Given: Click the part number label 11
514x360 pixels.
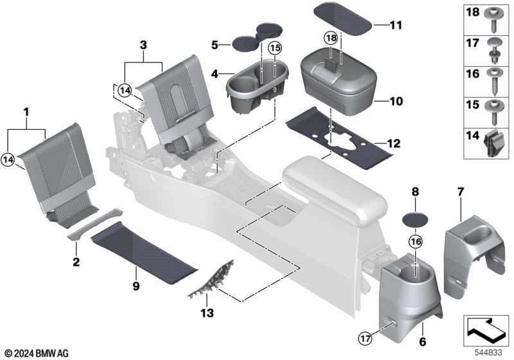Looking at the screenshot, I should (x=395, y=25).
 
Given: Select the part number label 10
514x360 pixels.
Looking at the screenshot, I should (x=395, y=101).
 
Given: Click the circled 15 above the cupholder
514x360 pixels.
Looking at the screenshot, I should (x=274, y=48).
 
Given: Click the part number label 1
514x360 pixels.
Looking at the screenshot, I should (x=26, y=112).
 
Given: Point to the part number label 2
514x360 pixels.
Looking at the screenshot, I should (x=76, y=262).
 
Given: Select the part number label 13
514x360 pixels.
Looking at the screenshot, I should (x=206, y=314).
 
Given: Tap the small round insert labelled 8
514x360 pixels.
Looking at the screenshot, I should (x=414, y=218).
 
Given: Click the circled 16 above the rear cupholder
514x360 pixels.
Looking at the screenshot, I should (x=415, y=241).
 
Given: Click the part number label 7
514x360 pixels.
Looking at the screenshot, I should (x=460, y=192).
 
